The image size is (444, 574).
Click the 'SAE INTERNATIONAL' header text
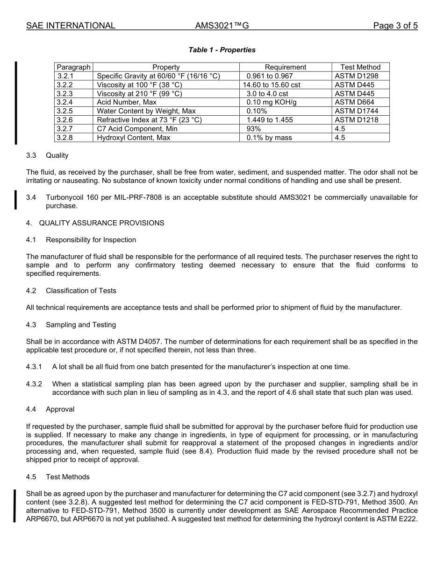(x=71, y=26)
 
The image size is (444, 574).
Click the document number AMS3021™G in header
(x=222, y=26)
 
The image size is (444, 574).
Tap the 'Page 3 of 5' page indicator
(x=395, y=26)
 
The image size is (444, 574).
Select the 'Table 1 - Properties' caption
(x=222, y=50)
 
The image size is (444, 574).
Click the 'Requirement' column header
(x=285, y=67)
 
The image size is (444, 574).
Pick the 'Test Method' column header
(x=360, y=67)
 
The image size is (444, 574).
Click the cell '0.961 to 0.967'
(x=269, y=76)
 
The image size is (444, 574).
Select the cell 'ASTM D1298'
(x=356, y=76)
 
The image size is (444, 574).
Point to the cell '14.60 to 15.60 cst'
(x=271, y=85)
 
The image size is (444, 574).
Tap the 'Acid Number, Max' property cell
(x=127, y=102)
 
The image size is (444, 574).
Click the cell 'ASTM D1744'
(x=356, y=111)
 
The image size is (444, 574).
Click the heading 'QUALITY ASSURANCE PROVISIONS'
(x=101, y=223)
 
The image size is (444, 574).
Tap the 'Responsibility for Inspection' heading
(x=91, y=240)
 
